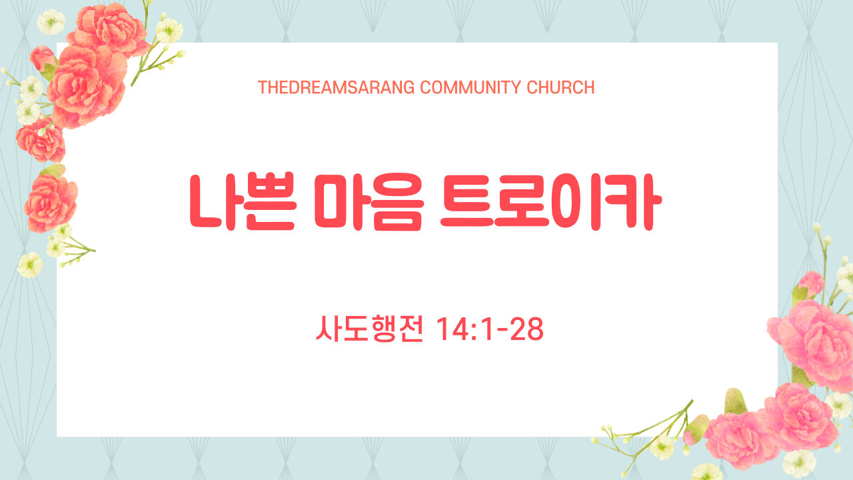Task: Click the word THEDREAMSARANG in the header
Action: tap(337, 87)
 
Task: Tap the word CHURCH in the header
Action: tap(560, 87)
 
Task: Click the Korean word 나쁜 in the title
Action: tap(243, 202)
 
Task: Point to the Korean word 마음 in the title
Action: tap(369, 202)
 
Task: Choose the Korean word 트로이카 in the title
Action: tap(551, 202)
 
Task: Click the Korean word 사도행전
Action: tap(369, 329)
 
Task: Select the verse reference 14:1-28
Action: tap(490, 329)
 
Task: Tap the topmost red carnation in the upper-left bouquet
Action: tap(108, 29)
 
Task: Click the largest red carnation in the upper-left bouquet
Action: tap(87, 87)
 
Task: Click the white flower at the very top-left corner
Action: tap(51, 22)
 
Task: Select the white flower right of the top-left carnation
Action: tap(169, 31)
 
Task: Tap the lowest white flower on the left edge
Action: tap(30, 265)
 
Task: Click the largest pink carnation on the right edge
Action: tap(813, 345)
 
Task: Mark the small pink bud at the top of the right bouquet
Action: tap(811, 284)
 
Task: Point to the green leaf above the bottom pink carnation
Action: tap(734, 401)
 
